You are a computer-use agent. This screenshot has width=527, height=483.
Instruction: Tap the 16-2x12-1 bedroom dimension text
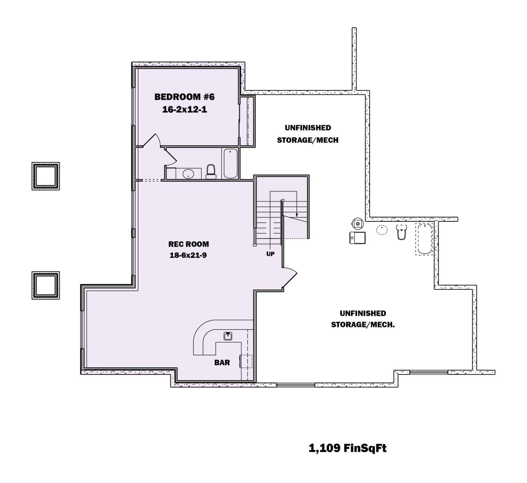(x=184, y=110)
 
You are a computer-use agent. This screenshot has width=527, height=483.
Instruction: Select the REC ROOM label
(x=188, y=244)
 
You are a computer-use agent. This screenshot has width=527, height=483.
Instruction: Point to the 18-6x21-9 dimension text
(x=188, y=255)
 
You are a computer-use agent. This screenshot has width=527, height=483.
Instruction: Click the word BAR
(x=222, y=363)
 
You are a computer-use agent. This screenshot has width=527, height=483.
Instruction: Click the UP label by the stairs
(x=270, y=254)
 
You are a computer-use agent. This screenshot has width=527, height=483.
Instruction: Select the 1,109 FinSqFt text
(x=347, y=448)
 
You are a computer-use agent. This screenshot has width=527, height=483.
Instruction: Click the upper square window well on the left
(x=46, y=176)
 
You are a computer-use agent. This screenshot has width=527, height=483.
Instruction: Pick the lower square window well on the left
(x=46, y=285)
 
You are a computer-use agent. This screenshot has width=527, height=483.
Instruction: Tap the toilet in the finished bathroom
(x=211, y=171)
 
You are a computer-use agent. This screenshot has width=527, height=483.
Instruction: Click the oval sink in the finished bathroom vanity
(x=189, y=174)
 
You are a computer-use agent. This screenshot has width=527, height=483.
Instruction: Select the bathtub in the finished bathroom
(x=230, y=163)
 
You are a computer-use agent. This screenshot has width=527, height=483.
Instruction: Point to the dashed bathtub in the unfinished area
(x=424, y=239)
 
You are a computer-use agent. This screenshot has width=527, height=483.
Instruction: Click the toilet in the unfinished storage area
(x=401, y=232)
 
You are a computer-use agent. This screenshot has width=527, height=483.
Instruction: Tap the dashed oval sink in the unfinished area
(x=382, y=230)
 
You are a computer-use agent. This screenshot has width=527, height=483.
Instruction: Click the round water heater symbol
(x=358, y=223)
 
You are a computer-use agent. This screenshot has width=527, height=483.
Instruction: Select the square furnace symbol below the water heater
(x=358, y=238)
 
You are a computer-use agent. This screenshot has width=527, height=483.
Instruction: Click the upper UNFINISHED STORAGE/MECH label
(x=307, y=134)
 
